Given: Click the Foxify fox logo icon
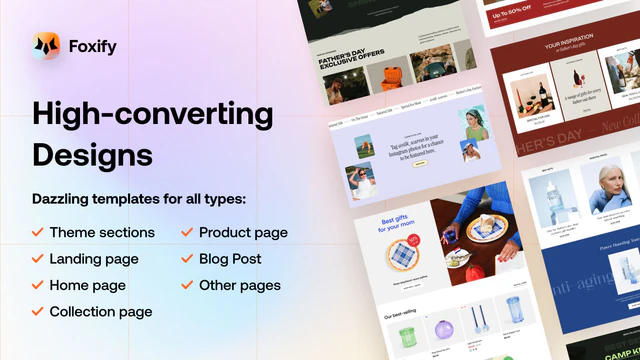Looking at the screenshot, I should pyautogui.click(x=46, y=46).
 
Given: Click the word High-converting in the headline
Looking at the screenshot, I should pyautogui.click(x=152, y=114).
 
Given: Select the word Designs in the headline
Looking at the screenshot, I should pyautogui.click(x=92, y=155).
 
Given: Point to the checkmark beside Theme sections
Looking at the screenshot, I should pyautogui.click(x=37, y=232).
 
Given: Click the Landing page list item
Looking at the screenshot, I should pyautogui.click(x=94, y=259).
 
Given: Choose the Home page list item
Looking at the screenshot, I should pyautogui.click(x=88, y=285).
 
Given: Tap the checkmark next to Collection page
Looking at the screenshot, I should pyautogui.click(x=37, y=312).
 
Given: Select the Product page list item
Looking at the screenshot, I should pyautogui.click(x=243, y=232).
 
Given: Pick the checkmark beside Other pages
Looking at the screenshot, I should pyautogui.click(x=187, y=285).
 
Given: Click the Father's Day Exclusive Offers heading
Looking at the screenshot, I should pyautogui.click(x=344, y=61).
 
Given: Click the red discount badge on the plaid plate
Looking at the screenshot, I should pyautogui.click(x=411, y=242).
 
